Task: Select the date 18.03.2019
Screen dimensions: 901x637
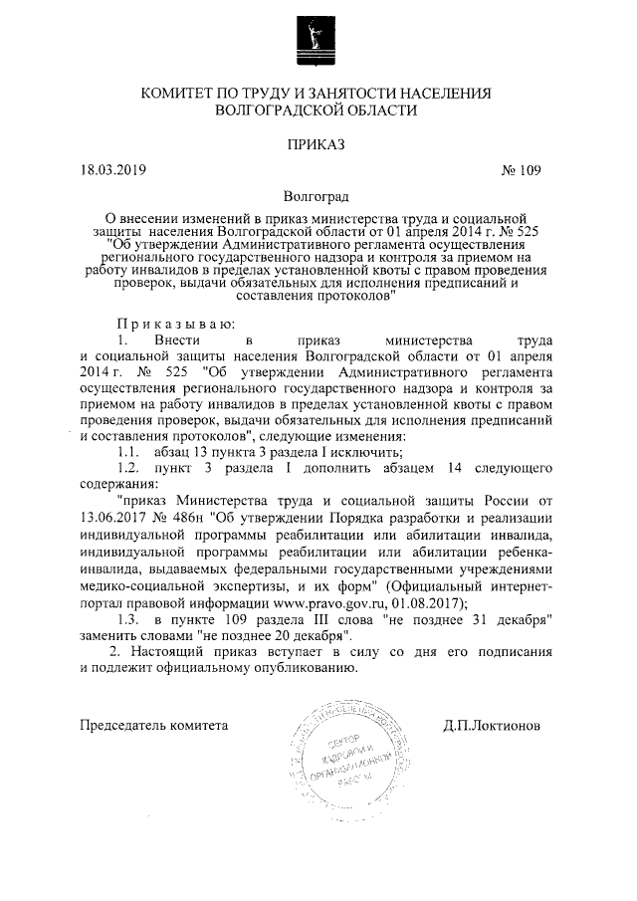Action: (112, 170)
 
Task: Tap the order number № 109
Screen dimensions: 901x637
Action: (520, 170)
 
